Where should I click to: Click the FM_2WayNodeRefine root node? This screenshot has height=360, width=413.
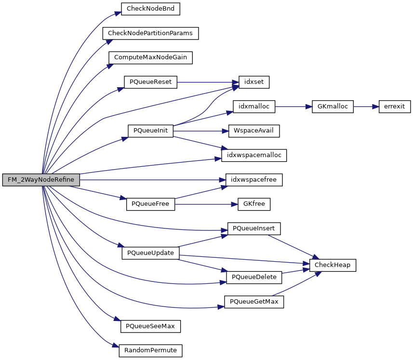pyautogui.click(x=41, y=180)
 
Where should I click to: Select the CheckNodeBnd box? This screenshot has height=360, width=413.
pyautogui.click(x=150, y=9)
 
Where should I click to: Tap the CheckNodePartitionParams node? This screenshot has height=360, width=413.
pyautogui.click(x=150, y=33)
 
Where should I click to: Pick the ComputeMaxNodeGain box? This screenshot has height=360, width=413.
pyautogui.click(x=150, y=57)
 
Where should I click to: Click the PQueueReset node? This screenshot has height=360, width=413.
pyautogui.click(x=150, y=82)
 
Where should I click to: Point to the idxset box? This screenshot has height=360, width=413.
pyautogui.click(x=254, y=82)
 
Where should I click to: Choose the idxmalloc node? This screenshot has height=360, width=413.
pyautogui.click(x=254, y=107)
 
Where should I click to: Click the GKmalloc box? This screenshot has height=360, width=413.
pyautogui.click(x=333, y=107)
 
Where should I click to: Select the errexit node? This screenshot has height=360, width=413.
pyautogui.click(x=394, y=107)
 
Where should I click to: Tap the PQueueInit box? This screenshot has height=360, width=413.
pyautogui.click(x=150, y=131)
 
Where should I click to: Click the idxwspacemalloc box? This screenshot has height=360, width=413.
pyautogui.click(x=254, y=155)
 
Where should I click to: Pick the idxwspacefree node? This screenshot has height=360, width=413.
pyautogui.click(x=254, y=180)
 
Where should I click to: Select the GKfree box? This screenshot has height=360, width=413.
pyautogui.click(x=254, y=204)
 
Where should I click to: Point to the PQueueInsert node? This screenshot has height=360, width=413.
pyautogui.click(x=254, y=228)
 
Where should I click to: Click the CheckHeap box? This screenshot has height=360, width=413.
pyautogui.click(x=333, y=265)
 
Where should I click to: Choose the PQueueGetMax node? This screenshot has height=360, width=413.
pyautogui.click(x=254, y=302)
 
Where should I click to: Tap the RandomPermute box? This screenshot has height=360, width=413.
pyautogui.click(x=150, y=350)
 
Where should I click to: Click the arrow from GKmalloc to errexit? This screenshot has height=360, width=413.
pyautogui.click(x=366, y=107)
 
